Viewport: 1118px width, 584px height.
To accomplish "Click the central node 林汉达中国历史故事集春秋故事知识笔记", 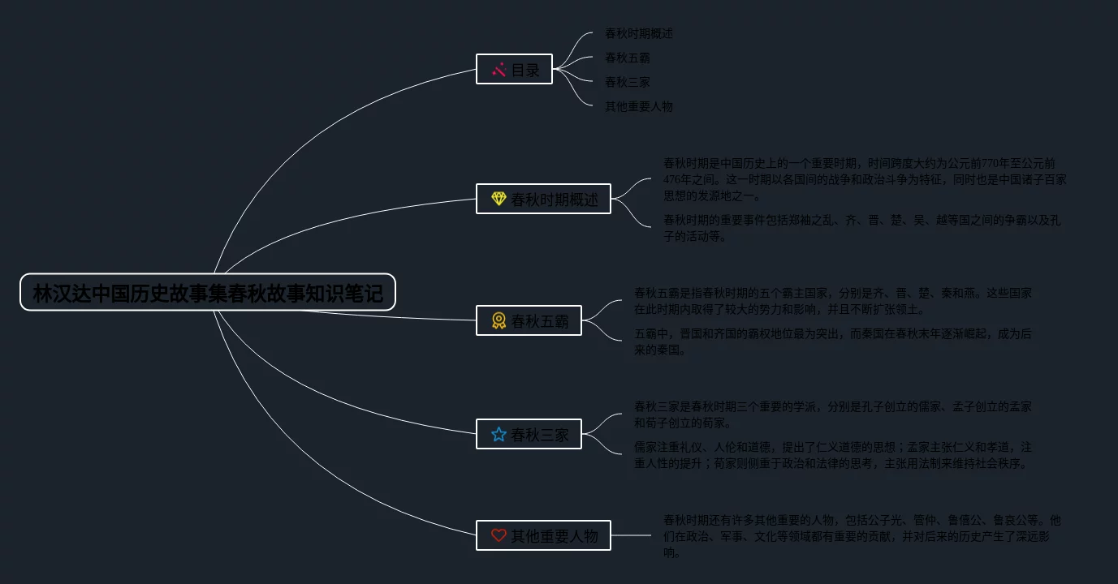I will [208, 293].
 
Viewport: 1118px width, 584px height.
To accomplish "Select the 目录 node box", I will [514, 69].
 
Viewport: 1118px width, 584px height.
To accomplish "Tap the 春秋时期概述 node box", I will [543, 199].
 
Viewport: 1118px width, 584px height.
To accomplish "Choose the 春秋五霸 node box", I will [529, 320].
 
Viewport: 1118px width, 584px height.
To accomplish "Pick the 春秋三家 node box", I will [529, 434].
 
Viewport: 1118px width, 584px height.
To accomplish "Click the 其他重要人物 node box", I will [543, 535].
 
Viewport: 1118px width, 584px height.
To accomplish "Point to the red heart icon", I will [499, 535].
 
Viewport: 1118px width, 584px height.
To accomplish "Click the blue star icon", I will [499, 435].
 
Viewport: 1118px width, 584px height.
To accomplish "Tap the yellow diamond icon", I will [499, 199].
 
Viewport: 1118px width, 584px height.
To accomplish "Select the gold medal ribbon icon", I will [499, 321].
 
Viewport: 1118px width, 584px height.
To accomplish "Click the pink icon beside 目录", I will [499, 70].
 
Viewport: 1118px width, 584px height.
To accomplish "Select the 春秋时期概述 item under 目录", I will [639, 33].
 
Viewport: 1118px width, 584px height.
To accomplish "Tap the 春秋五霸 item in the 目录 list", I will [628, 58].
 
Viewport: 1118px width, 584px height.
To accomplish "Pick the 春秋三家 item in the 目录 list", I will [628, 82].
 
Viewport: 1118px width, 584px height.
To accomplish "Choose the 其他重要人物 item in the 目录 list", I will [639, 106].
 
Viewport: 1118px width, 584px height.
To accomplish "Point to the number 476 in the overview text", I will [672, 179].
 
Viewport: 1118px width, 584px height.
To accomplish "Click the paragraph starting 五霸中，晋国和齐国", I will [832, 341].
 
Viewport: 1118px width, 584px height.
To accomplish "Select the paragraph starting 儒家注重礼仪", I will [833, 455].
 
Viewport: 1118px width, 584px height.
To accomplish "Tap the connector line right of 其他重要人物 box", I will [631, 535].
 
